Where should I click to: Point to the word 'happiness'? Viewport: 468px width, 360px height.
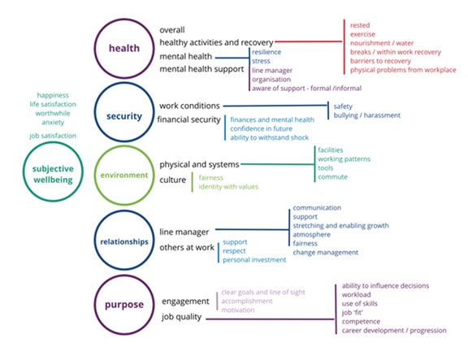(x=53, y=95)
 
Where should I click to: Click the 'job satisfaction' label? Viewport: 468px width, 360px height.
(x=53, y=136)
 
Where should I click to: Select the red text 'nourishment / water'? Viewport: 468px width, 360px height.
(x=382, y=43)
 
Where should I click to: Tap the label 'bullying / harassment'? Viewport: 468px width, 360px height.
(x=366, y=115)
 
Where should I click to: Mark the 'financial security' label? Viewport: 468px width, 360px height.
(x=189, y=119)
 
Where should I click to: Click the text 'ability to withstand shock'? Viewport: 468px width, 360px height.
(x=269, y=137)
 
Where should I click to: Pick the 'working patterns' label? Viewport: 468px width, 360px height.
(x=344, y=159)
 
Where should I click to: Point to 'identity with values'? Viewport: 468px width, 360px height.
(x=228, y=187)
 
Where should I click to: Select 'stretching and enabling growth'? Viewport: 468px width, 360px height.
(x=340, y=226)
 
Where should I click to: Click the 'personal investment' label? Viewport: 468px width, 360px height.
(x=254, y=260)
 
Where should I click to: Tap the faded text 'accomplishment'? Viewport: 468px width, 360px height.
(x=247, y=301)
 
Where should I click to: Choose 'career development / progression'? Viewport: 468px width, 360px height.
(x=394, y=331)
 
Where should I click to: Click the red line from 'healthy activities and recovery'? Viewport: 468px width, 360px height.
(x=309, y=41)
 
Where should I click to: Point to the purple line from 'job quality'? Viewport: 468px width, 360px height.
(x=270, y=319)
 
